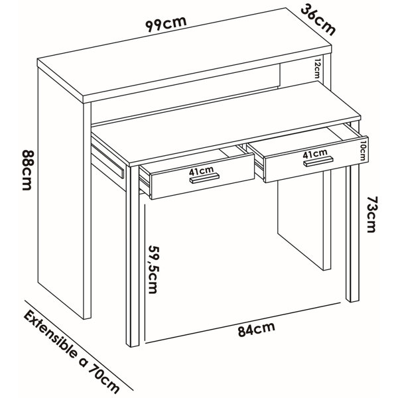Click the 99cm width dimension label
pos(166,24)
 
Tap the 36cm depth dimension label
pos(318,20)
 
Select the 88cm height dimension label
pos(27,170)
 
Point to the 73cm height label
pos(371,214)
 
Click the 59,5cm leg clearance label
pos(153,269)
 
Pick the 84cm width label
pos(256,329)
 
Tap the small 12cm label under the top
pos(317,68)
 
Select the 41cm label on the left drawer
pos(201,171)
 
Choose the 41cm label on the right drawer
pos(315,154)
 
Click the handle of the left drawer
pos(204,178)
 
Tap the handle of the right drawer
pos(318,161)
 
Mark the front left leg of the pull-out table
pos(133,256)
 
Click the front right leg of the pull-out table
pos(353,233)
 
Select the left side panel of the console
pos(61,193)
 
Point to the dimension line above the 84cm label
pos(242,323)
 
